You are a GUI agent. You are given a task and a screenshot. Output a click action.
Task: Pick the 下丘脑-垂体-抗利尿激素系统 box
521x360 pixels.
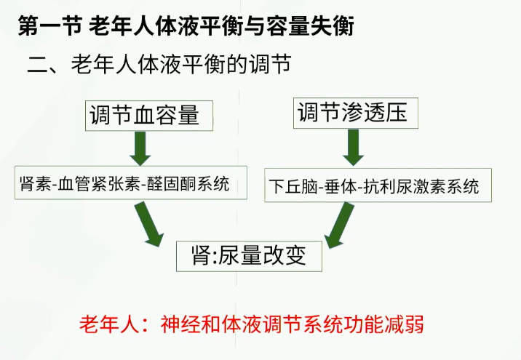click(x=373, y=185)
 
